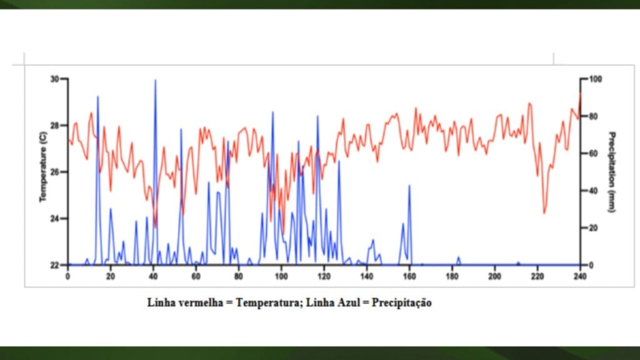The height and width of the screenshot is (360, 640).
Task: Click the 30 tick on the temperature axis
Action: coord(54,79)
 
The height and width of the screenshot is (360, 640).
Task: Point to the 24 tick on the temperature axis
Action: coord(54,219)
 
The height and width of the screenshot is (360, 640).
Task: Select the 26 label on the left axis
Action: coord(54,172)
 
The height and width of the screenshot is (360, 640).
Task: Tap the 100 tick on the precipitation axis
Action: coord(594,79)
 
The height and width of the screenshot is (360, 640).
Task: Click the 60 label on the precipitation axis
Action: coord(592,154)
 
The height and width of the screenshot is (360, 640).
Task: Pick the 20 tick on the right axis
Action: coord(592,228)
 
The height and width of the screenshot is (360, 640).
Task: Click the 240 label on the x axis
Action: coord(579,276)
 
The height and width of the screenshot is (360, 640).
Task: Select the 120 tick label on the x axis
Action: coord(324,276)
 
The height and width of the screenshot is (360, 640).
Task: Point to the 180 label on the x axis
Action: coord(452,276)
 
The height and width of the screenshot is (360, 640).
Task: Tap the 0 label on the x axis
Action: coord(68,276)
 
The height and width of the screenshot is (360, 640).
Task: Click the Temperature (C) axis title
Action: coord(44,171)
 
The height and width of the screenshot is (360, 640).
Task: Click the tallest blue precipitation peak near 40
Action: coord(155,80)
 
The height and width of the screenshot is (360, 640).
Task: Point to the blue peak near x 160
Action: coord(409,186)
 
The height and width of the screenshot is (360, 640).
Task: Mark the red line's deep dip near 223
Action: coord(544,213)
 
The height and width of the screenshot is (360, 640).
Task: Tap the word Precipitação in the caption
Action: coord(401,303)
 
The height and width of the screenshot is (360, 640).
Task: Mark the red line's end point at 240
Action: coord(580,94)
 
